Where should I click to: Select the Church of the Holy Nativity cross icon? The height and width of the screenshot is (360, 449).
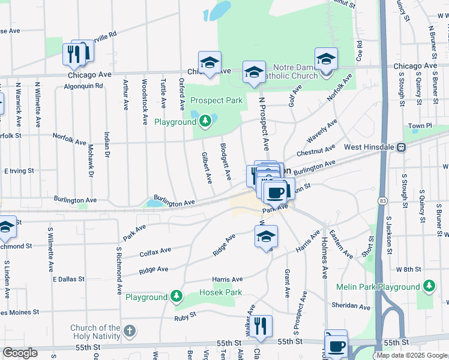[x=129, y=331]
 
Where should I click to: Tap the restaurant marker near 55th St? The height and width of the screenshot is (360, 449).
[x=262, y=326]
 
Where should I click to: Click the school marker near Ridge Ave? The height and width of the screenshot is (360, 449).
[x=266, y=236]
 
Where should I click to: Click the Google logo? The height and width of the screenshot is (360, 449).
[x=20, y=353]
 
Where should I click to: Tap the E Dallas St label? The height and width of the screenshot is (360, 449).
[x=71, y=279]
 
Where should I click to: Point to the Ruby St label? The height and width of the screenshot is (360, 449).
[x=185, y=316]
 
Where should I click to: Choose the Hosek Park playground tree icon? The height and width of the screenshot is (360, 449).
[x=176, y=297]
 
